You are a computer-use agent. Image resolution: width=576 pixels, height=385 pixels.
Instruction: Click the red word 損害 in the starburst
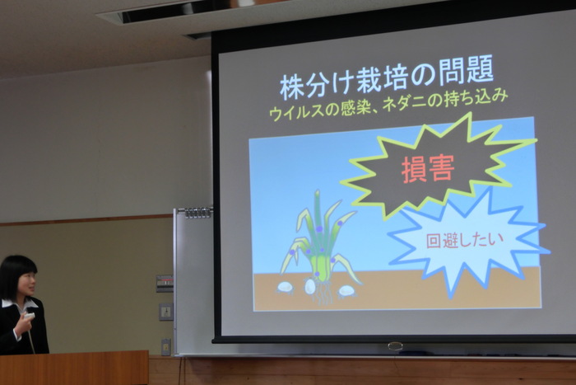point(428,168)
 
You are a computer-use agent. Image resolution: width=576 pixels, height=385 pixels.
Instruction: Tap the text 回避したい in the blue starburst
point(465,241)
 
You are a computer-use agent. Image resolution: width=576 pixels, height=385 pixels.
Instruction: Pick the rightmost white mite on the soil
point(346,291)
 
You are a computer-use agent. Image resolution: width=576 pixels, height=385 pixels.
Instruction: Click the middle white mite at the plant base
point(310,286)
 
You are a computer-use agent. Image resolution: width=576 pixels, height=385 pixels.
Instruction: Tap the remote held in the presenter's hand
point(30,316)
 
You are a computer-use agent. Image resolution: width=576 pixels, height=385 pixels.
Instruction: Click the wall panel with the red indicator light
point(165,284)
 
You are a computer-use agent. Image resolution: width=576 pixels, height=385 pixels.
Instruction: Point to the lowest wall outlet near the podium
point(166,347)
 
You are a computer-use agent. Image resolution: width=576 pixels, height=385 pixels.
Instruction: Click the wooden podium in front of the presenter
point(74,368)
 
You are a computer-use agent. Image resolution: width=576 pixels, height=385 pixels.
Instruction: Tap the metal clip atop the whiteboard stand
point(198,213)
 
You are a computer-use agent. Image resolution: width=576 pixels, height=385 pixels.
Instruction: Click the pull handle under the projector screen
point(395,346)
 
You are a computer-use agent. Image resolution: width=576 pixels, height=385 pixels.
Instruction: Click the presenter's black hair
point(16,275)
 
